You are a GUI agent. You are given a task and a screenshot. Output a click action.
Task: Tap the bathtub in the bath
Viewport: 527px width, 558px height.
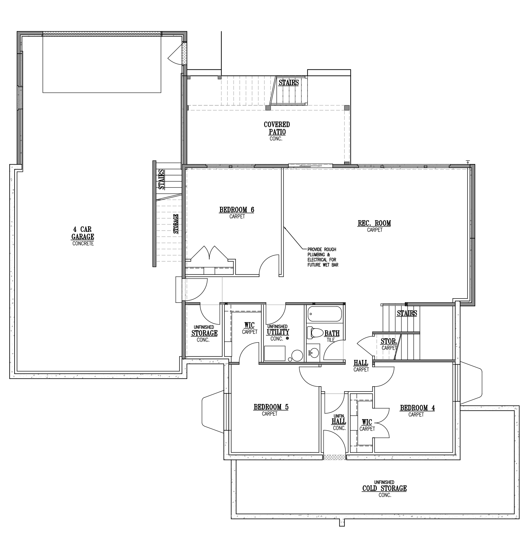click(325, 314)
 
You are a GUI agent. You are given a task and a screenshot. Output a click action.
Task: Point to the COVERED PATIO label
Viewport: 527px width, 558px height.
click(277, 128)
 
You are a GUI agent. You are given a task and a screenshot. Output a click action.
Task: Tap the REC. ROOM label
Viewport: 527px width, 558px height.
click(374, 223)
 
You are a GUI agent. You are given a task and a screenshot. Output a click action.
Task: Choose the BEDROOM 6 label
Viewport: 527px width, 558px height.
click(237, 210)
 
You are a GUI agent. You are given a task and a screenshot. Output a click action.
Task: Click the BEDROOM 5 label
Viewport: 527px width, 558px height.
click(271, 407)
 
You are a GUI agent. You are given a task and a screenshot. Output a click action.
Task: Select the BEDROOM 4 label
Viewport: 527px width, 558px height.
click(417, 408)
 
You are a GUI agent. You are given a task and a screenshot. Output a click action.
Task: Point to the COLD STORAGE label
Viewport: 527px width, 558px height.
click(384, 488)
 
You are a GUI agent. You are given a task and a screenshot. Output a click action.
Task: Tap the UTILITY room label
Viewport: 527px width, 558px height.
click(278, 332)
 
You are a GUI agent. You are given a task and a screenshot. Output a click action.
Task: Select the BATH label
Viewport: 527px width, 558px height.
click(332, 334)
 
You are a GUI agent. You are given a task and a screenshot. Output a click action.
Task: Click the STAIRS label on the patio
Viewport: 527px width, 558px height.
click(289, 82)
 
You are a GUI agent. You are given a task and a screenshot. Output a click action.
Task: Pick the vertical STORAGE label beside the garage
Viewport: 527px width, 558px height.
click(176, 224)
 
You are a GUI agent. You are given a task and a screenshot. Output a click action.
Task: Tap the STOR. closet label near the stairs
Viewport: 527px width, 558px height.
click(389, 341)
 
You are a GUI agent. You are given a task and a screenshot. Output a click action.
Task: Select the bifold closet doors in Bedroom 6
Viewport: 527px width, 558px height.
click(210, 253)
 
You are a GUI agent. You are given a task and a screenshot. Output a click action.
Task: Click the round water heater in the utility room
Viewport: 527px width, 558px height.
click(297, 356)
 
